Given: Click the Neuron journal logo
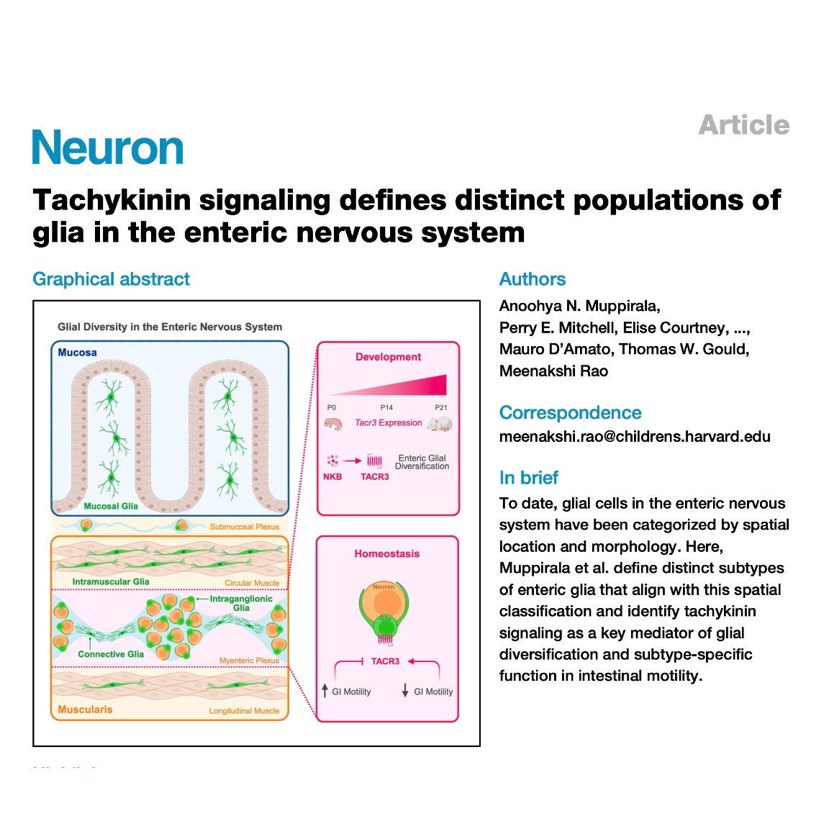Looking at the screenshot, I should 108,148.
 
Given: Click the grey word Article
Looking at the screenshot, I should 744,125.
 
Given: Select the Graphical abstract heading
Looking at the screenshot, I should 112,279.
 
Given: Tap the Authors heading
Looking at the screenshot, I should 533,279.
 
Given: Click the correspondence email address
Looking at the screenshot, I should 635,437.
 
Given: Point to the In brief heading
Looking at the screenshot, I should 529,478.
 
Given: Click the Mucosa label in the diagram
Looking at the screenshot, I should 77,353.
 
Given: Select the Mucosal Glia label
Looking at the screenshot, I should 111,506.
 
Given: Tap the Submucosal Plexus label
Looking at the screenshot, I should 244,527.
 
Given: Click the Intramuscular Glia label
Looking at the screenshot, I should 111,581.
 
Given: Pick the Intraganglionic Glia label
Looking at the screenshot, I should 241,603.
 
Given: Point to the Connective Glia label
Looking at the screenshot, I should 111,654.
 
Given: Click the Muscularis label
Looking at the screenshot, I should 85,710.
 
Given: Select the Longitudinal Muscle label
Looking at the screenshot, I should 244,711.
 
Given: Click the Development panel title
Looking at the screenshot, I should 388,357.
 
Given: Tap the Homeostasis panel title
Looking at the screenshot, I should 386,554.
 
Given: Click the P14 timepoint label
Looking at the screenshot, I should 386,407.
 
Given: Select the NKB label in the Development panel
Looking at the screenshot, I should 332,477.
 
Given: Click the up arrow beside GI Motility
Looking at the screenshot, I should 325,691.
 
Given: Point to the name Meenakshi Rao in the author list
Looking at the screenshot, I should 553,371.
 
